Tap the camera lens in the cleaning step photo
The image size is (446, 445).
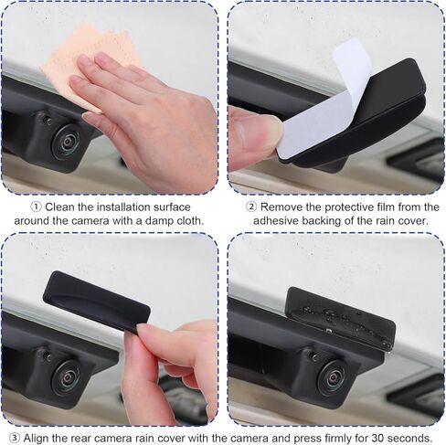(x=67, y=142)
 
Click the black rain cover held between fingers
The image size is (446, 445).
(x=96, y=302)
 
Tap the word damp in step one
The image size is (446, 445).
(x=134, y=221)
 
